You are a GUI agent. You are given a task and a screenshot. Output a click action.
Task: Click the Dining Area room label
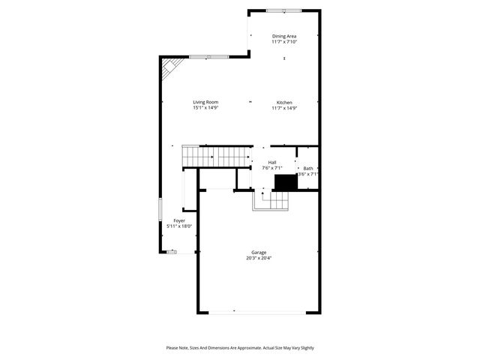click(284, 36)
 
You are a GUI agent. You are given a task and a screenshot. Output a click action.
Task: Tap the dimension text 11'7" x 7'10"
click(284, 42)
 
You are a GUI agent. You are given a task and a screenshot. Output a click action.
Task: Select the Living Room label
click(205, 103)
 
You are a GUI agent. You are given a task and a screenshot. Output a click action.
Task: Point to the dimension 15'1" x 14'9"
click(205, 108)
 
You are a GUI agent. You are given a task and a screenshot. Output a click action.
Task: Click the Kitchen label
click(284, 103)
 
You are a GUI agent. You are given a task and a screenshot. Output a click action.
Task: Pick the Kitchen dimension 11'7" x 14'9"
click(284, 108)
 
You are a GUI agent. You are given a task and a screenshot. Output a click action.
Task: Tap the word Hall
click(272, 162)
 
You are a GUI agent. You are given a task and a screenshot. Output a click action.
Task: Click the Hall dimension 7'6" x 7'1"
click(272, 168)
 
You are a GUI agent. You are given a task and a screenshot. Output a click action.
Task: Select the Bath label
click(308, 168)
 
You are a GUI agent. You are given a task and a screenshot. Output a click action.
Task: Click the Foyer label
click(179, 220)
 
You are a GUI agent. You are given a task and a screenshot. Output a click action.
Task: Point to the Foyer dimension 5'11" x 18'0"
click(179, 226)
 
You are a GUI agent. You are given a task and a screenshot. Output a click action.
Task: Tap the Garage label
click(259, 253)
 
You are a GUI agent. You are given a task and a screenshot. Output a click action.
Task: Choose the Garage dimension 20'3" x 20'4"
click(259, 258)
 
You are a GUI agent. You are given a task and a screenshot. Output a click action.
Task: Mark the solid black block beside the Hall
click(285, 182)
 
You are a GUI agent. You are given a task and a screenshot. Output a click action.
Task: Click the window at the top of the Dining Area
click(283, 10)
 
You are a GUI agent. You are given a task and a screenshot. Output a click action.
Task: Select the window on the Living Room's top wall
click(208, 57)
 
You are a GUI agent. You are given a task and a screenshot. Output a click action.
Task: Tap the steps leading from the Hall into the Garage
click(271, 201)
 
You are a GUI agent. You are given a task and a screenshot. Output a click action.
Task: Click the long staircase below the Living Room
click(217, 157)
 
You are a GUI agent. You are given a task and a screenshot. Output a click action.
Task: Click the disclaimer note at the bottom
click(240, 348)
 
